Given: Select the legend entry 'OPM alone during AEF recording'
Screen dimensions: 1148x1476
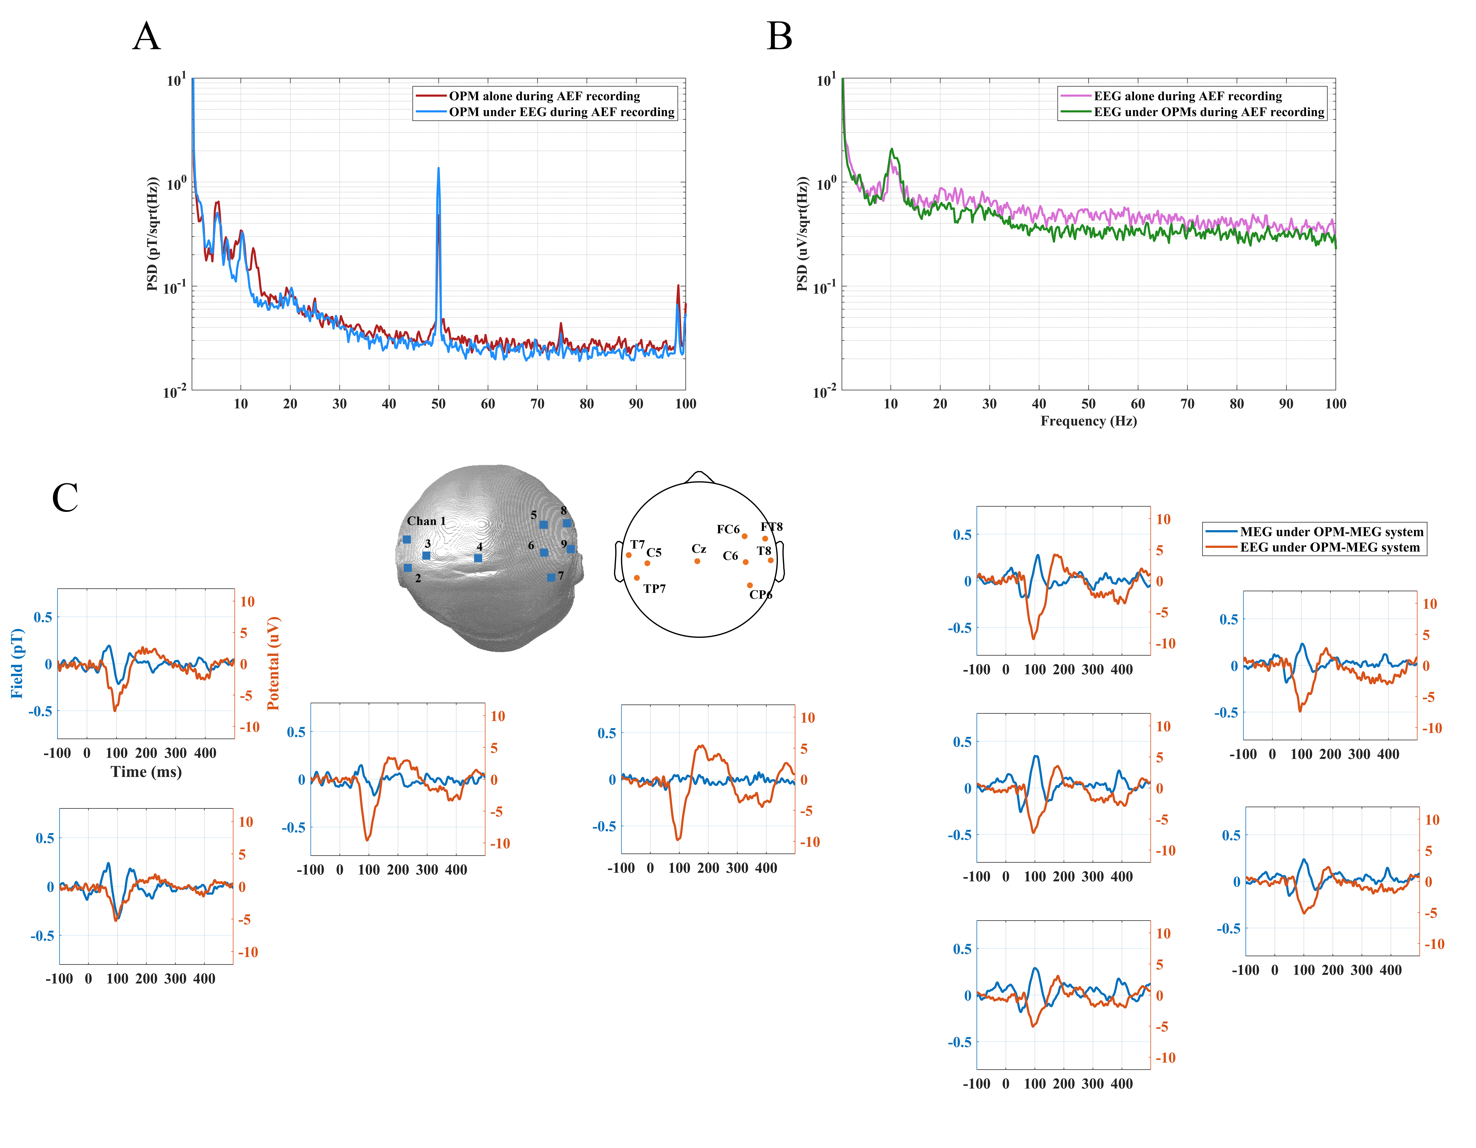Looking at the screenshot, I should [544, 96].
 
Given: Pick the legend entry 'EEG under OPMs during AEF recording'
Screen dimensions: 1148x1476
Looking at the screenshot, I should [1208, 112].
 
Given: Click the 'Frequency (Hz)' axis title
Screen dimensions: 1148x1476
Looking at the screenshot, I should [1088, 421].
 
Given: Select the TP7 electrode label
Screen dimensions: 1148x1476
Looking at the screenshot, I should [654, 589].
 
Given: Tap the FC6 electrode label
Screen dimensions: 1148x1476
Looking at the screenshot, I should [728, 529].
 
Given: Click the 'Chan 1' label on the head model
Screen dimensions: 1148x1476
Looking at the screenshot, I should [426, 521].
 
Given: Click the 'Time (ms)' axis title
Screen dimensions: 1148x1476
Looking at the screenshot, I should [146, 772].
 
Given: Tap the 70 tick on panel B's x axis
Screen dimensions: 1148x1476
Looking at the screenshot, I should [1187, 404].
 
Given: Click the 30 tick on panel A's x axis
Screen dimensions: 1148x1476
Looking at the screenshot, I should [339, 404].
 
